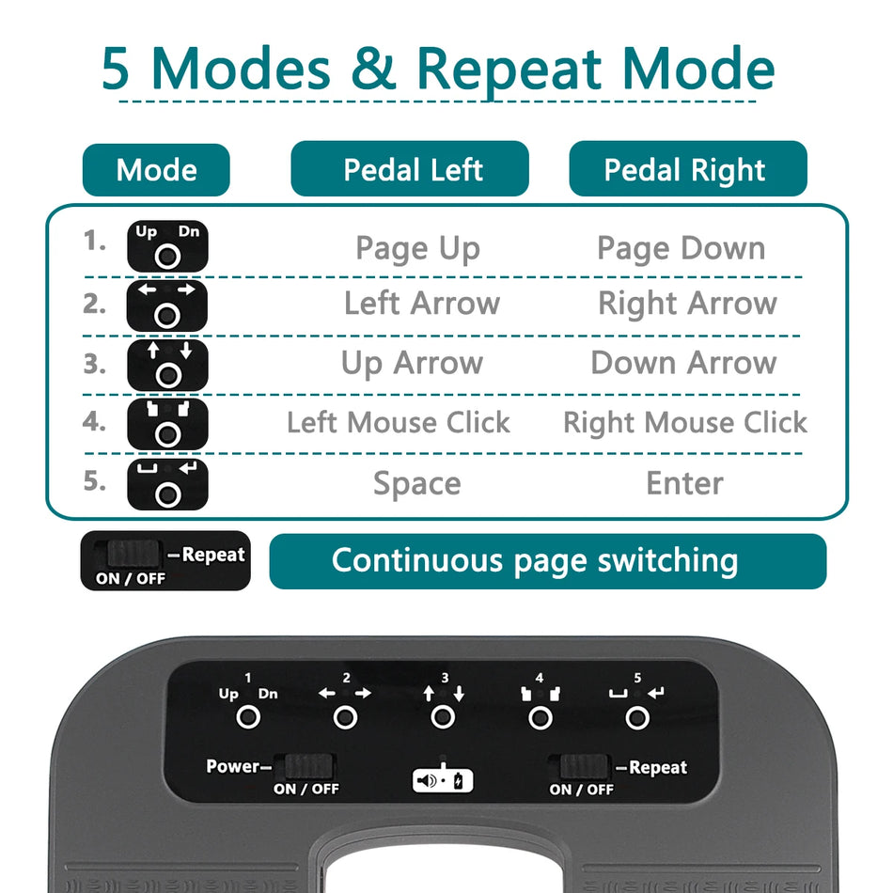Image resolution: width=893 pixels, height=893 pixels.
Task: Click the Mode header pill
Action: click(x=156, y=170)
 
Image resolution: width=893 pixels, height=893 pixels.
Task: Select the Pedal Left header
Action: click(x=410, y=169)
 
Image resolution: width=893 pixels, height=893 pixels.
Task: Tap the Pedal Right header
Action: click(x=687, y=169)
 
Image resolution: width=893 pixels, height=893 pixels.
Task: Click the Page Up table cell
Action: click(x=417, y=248)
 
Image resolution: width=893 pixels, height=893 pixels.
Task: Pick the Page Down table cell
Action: click(x=681, y=248)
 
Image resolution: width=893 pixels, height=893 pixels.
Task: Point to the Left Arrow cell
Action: click(x=421, y=304)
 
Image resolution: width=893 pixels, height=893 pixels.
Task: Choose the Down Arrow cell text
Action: click(x=683, y=363)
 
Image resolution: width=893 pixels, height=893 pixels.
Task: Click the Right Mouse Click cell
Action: click(x=684, y=423)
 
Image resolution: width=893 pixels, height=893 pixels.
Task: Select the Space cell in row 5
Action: click(x=416, y=483)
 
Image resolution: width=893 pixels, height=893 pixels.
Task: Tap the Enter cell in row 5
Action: click(x=684, y=483)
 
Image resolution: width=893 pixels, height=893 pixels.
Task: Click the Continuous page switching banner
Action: click(x=547, y=561)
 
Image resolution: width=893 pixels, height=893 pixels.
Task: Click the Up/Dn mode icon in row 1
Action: click(x=167, y=246)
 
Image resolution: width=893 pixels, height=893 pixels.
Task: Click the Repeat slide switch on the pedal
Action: click(x=584, y=766)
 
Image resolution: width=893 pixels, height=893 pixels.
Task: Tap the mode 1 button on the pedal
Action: click(x=248, y=718)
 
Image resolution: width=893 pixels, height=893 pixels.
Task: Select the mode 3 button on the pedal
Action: click(x=443, y=718)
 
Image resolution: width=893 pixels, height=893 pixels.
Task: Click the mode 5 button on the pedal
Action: click(x=637, y=718)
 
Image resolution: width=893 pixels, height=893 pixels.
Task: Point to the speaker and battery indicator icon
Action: click(x=443, y=780)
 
